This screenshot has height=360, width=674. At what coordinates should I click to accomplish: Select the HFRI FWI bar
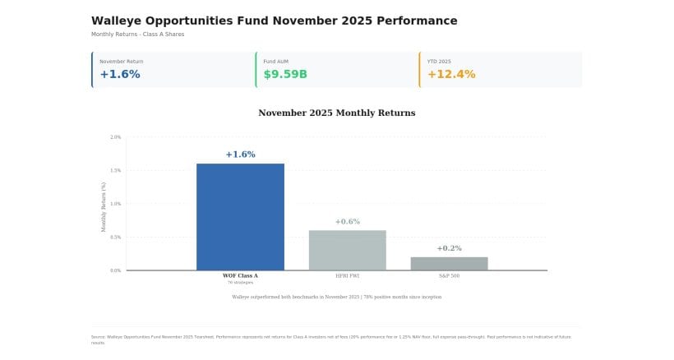point(347,250)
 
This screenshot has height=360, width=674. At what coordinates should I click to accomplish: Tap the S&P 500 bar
point(449,263)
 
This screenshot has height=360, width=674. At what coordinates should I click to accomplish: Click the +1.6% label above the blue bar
point(240,155)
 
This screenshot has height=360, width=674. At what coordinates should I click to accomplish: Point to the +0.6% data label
point(347,222)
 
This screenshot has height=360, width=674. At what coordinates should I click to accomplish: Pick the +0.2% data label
point(449,248)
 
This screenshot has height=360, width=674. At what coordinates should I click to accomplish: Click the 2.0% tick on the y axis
point(115,137)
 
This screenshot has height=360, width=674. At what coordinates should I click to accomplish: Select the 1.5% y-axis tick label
point(115,171)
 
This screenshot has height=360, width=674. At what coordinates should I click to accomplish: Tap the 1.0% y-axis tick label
point(115,204)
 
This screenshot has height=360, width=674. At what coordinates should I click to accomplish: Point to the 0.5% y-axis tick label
point(115,238)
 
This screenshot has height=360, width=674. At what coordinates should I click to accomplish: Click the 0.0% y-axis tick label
point(115,270)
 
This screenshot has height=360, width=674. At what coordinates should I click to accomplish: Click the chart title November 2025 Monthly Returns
point(336,113)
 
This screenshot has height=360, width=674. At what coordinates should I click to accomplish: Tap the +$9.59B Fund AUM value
point(285,75)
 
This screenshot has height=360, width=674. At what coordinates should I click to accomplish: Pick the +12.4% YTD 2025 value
point(450,75)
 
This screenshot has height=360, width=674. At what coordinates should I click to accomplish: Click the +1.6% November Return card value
point(120,75)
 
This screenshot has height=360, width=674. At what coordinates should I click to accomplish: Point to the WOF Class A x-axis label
point(240,276)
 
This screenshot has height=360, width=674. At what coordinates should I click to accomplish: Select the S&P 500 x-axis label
point(449,276)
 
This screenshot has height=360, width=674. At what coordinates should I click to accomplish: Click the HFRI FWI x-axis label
point(347,276)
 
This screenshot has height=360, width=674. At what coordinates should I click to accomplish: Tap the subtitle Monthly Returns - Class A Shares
point(137,35)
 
